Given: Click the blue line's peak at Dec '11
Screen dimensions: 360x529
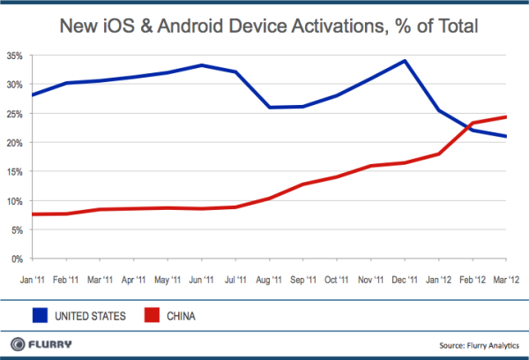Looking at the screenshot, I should pyautogui.click(x=404, y=61).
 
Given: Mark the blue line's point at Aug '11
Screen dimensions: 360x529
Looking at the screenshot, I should pyautogui.click(x=269, y=108).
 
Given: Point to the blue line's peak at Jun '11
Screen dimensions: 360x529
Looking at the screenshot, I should pyautogui.click(x=202, y=65).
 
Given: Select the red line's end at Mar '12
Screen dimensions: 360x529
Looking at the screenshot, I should pyautogui.click(x=505, y=116).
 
